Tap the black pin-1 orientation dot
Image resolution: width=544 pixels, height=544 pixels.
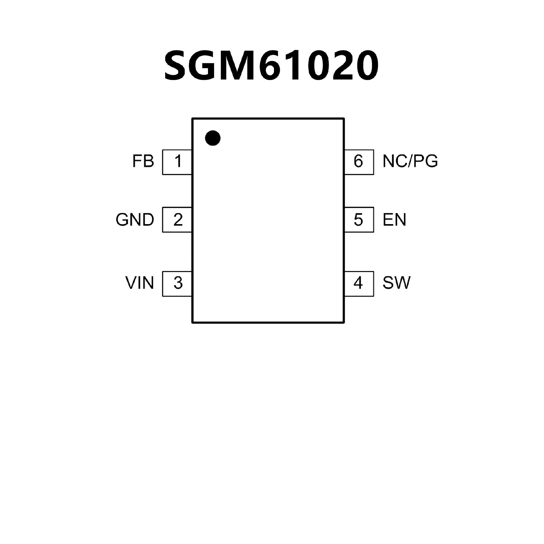[x=212, y=138]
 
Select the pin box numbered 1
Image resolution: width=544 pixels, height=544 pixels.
[x=177, y=162]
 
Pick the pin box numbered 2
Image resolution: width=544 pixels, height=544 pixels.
[x=177, y=220]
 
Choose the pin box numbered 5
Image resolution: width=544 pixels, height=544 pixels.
[x=359, y=220]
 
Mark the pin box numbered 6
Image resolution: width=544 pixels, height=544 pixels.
[x=359, y=162]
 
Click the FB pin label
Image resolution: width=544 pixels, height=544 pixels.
[x=143, y=161]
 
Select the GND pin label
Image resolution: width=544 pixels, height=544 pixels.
[x=135, y=220]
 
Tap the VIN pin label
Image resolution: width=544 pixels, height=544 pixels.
[x=140, y=283]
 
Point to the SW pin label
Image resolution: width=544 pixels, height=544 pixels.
[x=396, y=283]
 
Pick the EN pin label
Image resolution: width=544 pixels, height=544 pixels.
[x=394, y=220]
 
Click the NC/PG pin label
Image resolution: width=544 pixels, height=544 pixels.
[x=410, y=161]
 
